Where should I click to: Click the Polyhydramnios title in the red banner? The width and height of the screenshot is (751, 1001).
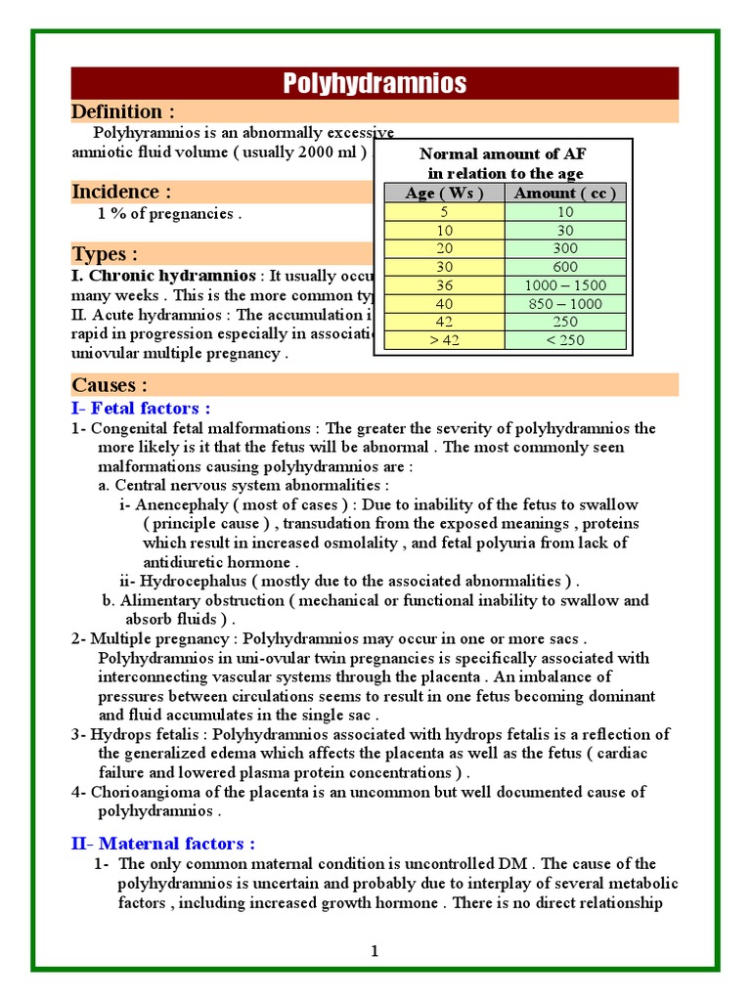[x=375, y=83]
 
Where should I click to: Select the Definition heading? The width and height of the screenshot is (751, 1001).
[x=123, y=111]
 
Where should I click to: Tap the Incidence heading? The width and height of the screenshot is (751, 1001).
[x=121, y=192]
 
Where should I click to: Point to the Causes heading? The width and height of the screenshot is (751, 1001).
[x=110, y=384]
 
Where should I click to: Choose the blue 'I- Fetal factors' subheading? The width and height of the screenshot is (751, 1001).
[x=141, y=408]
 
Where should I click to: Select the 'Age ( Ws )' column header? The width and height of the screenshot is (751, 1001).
[x=444, y=193]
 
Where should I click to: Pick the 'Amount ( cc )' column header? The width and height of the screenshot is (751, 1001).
[x=564, y=193]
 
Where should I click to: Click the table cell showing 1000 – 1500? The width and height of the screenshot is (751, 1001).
[x=564, y=285]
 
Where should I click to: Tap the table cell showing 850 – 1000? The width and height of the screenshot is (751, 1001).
[x=564, y=304]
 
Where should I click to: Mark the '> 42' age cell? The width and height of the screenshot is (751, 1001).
[x=444, y=340]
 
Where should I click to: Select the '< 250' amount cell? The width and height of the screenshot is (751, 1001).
[x=564, y=340]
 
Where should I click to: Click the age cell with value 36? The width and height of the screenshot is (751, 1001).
[x=444, y=285]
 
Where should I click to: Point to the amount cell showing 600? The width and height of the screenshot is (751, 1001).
[x=564, y=267]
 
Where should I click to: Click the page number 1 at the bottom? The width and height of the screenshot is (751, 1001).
[x=375, y=951]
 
